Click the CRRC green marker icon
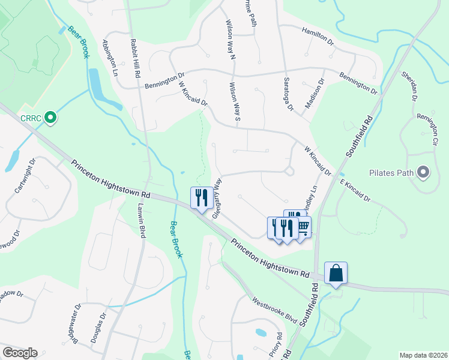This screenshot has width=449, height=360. point(50,118)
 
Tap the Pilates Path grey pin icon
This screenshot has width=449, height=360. point(424,173)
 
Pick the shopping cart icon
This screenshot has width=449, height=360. point(303,227)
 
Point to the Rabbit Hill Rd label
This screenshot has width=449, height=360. point(136,59)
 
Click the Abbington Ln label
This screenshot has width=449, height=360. point(110,58)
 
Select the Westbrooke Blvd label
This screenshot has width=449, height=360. point(275,311)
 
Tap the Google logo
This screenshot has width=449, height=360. point(19,353)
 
